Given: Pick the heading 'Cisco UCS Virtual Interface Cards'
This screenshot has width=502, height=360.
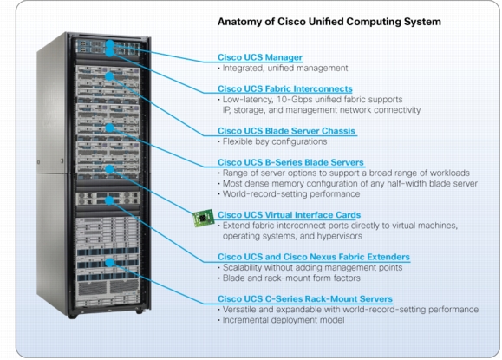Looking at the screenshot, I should pyautogui.click(x=287, y=214).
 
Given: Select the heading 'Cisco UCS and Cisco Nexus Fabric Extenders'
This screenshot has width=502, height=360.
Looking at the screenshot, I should pyautogui.click(x=313, y=257).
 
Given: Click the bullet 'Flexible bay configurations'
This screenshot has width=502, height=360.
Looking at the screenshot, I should pyautogui.click(x=270, y=141).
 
